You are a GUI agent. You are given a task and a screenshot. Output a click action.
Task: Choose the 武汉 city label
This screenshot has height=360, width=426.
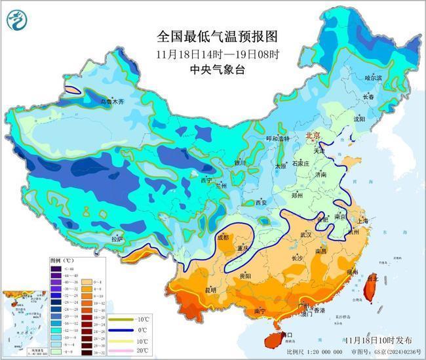click(307, 234)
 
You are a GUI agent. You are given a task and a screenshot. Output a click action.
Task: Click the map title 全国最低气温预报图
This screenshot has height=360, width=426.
click(213, 37)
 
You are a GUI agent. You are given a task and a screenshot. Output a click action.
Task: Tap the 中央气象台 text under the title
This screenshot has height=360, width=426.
click(213, 69)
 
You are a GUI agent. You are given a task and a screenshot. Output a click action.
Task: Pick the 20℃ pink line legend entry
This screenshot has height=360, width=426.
click(139, 350)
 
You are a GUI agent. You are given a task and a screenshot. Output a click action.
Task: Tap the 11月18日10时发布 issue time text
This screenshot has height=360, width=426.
click(379, 340)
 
